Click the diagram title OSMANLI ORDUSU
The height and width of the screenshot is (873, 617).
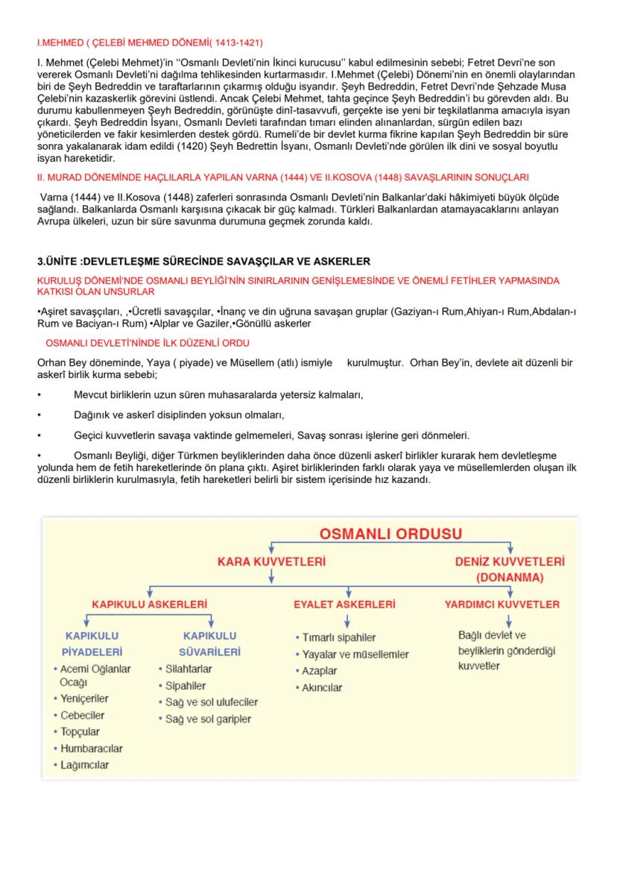tap(390, 534)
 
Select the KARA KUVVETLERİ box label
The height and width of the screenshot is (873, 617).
tap(270, 561)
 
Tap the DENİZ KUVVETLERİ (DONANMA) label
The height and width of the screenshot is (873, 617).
tap(510, 569)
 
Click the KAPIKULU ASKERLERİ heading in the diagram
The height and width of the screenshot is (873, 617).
tap(149, 604)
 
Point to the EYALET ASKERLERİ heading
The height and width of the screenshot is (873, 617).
tap(344, 604)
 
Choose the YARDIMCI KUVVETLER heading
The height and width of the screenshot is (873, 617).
tap(501, 604)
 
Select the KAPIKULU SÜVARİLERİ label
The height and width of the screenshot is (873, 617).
tap(211, 644)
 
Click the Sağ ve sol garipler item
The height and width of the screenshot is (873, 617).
tap(207, 719)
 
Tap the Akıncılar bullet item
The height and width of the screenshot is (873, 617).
tap(321, 687)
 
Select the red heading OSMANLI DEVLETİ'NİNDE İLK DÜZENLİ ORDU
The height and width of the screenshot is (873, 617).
tap(148, 342)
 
